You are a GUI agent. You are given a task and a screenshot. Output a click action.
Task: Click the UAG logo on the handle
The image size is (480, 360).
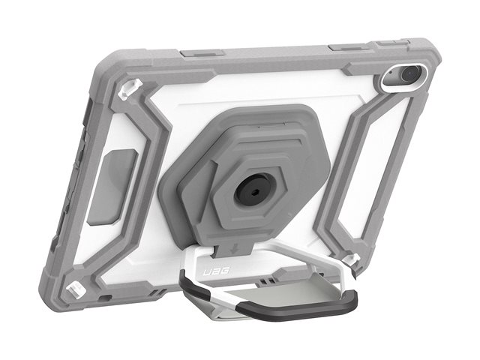217,271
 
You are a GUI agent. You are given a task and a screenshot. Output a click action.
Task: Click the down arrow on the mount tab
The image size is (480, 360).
237,248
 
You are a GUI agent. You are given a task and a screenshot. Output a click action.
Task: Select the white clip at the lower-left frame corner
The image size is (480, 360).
74,289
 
